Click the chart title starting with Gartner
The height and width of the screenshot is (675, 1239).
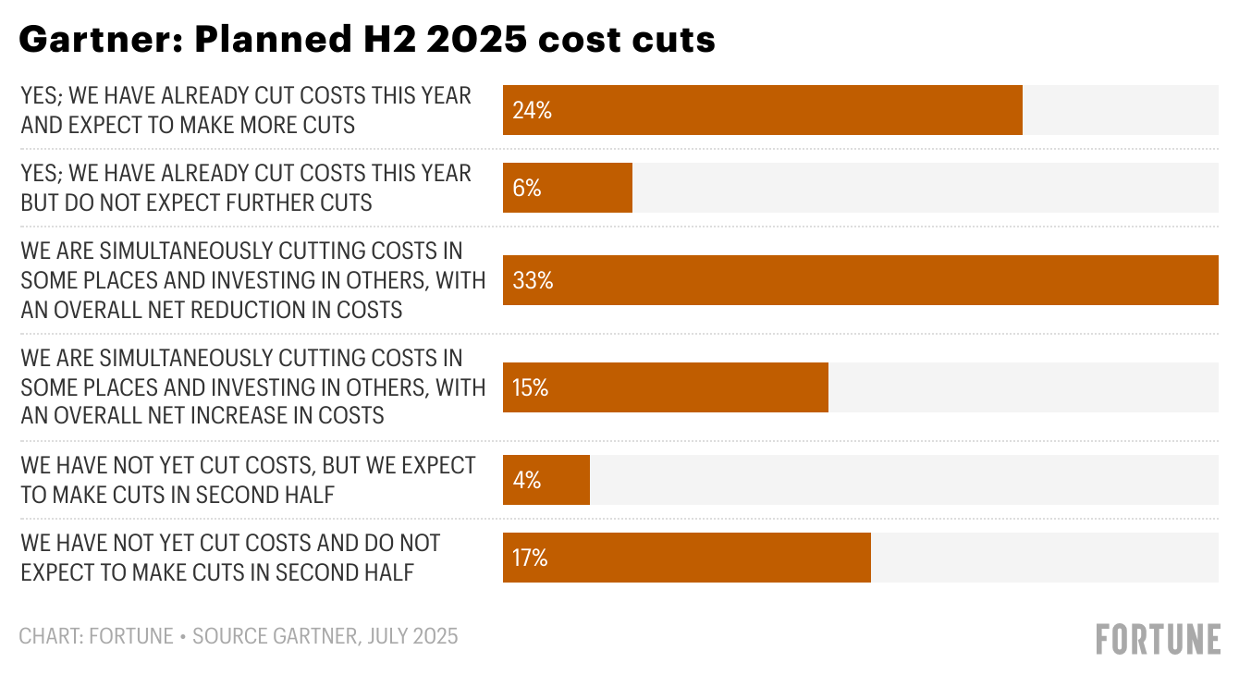pyautogui.click(x=367, y=40)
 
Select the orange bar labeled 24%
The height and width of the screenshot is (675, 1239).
pyautogui.click(x=762, y=110)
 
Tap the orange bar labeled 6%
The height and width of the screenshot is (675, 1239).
pyautogui.click(x=567, y=188)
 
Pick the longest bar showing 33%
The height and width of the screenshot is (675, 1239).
pyautogui.click(x=860, y=280)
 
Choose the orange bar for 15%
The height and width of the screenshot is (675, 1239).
pyautogui.click(x=665, y=387)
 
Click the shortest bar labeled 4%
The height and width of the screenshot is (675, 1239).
pyautogui.click(x=546, y=480)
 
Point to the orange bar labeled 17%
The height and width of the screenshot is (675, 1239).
pyautogui.click(x=686, y=558)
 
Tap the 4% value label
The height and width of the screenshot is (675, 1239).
pyautogui.click(x=527, y=481)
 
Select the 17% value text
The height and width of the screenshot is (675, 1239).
pyautogui.click(x=531, y=558)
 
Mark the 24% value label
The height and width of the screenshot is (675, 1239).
pyautogui.click(x=532, y=111)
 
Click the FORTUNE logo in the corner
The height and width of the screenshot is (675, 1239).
pyautogui.click(x=1158, y=639)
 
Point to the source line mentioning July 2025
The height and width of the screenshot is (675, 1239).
pyautogui.click(x=239, y=636)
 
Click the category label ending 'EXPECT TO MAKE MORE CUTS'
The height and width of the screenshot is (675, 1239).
pyautogui.click(x=246, y=110)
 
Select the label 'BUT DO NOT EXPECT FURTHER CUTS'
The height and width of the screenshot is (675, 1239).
pyautogui.click(x=246, y=188)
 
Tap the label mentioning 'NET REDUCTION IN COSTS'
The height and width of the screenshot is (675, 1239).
pyautogui.click(x=252, y=280)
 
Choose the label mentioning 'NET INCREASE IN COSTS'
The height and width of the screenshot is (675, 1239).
pyautogui.click(x=252, y=387)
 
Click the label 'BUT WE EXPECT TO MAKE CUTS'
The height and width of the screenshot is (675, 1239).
pyautogui.click(x=248, y=480)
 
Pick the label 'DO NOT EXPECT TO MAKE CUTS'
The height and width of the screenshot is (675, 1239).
pyautogui.click(x=230, y=558)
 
